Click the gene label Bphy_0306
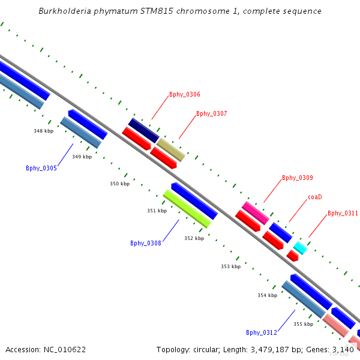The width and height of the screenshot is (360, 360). pyautogui.click(x=185, y=94)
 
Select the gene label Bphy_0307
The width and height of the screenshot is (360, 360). pyautogui.click(x=212, y=113)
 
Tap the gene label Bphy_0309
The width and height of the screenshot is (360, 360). pyautogui.click(x=298, y=178)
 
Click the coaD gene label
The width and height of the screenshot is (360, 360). pyautogui.click(x=315, y=197)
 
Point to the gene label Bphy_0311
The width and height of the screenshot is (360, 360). pyautogui.click(x=343, y=213)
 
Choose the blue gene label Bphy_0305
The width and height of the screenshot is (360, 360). pyautogui.click(x=41, y=168)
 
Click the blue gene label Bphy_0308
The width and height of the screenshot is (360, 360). pyautogui.click(x=146, y=243)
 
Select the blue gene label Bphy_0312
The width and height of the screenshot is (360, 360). pyautogui.click(x=262, y=332)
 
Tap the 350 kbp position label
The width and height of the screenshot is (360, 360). pyautogui.click(x=119, y=184)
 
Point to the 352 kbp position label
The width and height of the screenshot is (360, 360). pyautogui.click(x=194, y=238)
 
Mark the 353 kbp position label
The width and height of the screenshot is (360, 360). pyautogui.click(x=230, y=266)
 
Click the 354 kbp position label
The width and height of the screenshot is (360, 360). pyautogui.click(x=267, y=295)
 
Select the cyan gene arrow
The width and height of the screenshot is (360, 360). pyautogui.click(x=300, y=248)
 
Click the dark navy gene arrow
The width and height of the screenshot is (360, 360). pyautogui.click(x=143, y=131)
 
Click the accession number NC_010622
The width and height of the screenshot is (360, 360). pyautogui.click(x=46, y=349)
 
